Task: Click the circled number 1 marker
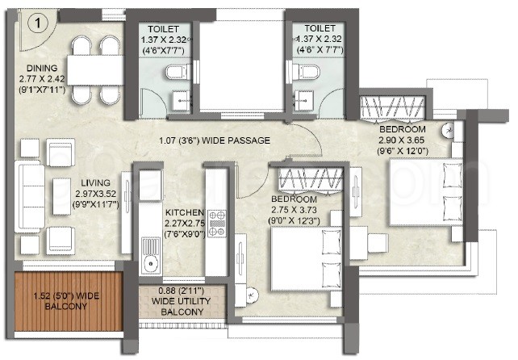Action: pos(38,23)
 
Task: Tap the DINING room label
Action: pos(42,68)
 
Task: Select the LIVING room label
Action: pos(95,182)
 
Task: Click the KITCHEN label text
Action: pos(185,212)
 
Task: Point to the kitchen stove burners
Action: pos(217,224)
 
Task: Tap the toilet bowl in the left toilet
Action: pos(176,72)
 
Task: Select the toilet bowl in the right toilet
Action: pos(307,72)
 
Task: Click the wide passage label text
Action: pos(215,140)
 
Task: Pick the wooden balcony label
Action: pos(66,301)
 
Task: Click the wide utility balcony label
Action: pos(182,302)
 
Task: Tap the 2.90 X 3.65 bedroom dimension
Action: pos(401,140)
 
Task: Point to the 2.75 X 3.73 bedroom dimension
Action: pos(294,210)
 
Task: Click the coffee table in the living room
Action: pos(62,196)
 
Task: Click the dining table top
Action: pos(96,70)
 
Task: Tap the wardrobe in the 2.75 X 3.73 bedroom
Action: pos(311,180)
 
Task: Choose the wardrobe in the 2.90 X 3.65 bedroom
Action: pos(392,108)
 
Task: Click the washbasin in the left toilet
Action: pos(181,100)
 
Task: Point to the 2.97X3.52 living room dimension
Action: pos(96,194)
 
